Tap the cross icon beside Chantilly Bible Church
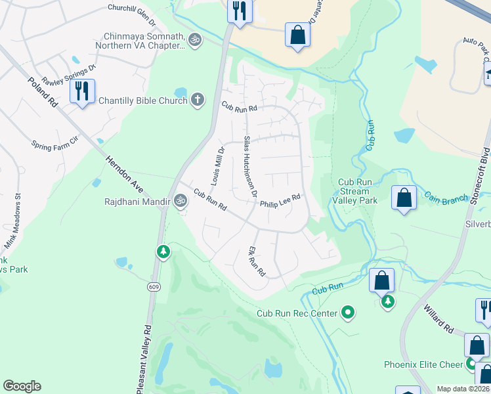197,100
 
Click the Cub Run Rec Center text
297,313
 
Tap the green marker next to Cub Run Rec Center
349,313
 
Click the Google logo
22,386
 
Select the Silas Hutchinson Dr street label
249,167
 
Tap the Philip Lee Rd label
280,200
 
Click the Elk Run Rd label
257,261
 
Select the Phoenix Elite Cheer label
424,364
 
